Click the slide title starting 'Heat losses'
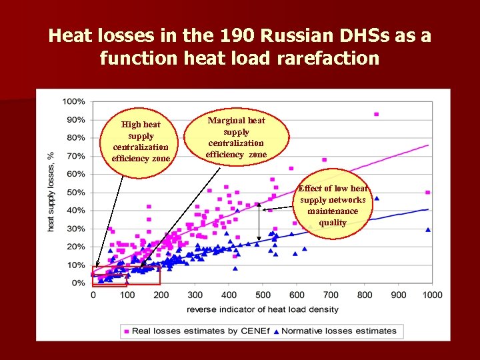[240, 47]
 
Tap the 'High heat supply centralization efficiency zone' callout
[141, 141]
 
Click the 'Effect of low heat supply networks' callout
[333, 205]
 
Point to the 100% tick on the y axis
[74, 102]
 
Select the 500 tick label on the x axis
[263, 295]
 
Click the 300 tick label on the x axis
[195, 295]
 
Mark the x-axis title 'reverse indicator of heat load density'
[263, 309]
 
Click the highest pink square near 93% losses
[376, 115]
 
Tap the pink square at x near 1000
[427, 192]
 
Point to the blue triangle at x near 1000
[427, 230]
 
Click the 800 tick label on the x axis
[365, 295]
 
